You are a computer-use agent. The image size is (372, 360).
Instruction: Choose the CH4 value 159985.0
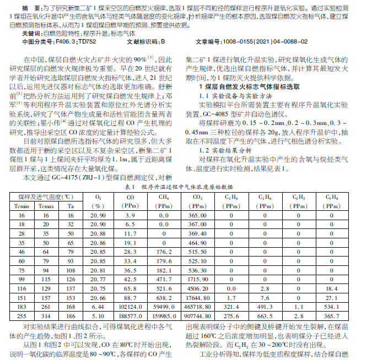(x=164, y=317)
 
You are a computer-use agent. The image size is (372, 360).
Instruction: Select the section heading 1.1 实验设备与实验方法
(x=231, y=95)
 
